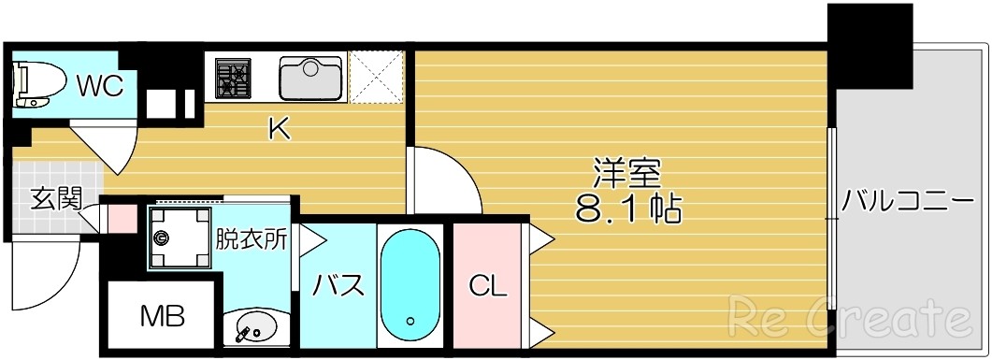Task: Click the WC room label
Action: pyautogui.click(x=100, y=86)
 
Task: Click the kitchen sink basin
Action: pyautogui.click(x=311, y=78)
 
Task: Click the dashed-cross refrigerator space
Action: pyautogui.click(x=377, y=78)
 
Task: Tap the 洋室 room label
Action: pyautogui.click(x=626, y=173)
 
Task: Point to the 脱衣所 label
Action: pyautogui.click(x=252, y=238)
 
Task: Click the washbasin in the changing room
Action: pyautogui.click(x=254, y=326)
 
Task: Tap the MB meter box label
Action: pyautogui.click(x=162, y=316)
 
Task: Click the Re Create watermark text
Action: pyautogui.click(x=852, y=318)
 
